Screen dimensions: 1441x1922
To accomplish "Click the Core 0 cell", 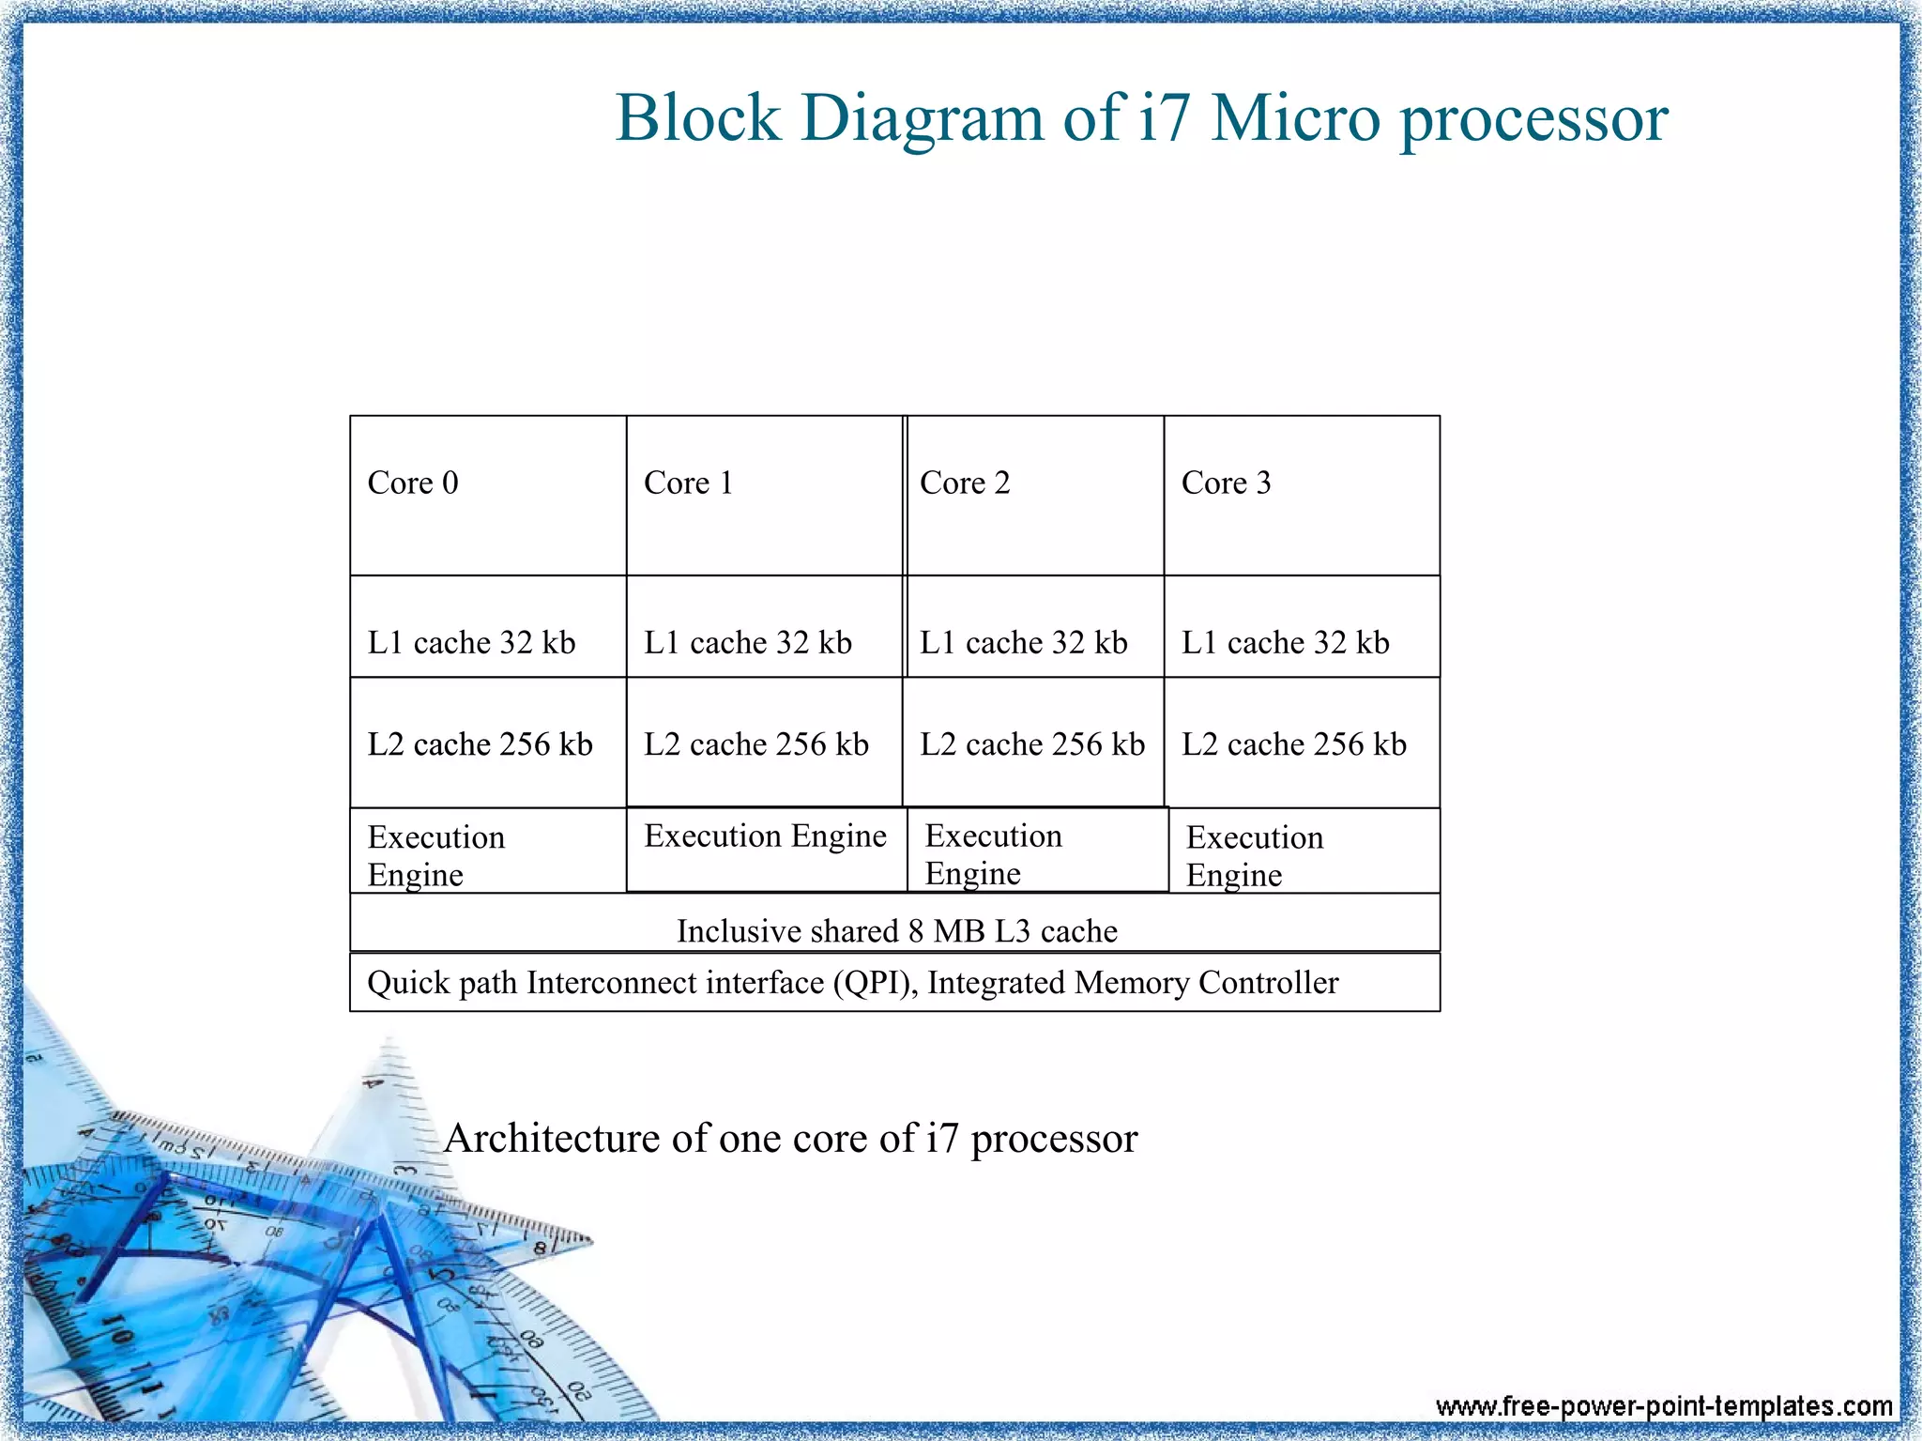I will [488, 495].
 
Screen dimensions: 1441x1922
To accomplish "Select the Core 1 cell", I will [764, 495].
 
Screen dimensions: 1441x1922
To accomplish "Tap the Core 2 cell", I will [1035, 495].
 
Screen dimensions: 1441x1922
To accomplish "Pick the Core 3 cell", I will [1302, 495].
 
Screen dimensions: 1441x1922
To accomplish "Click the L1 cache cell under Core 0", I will [488, 627].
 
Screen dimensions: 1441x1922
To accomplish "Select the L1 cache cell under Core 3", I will [1302, 627].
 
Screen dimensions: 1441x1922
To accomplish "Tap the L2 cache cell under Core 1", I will [764, 743].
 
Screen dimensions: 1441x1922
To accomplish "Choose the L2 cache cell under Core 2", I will [1033, 743].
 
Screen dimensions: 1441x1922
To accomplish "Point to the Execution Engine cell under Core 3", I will [1304, 851].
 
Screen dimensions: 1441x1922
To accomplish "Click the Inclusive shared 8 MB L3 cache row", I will [895, 924].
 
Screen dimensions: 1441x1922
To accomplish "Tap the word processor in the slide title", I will [1533, 120].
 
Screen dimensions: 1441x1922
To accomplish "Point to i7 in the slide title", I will [1163, 118].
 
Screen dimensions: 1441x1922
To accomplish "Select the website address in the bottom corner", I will [1663, 1405].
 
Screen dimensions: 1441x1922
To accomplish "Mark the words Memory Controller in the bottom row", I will [1207, 983].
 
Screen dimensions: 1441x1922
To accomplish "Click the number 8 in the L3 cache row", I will [916, 931].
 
